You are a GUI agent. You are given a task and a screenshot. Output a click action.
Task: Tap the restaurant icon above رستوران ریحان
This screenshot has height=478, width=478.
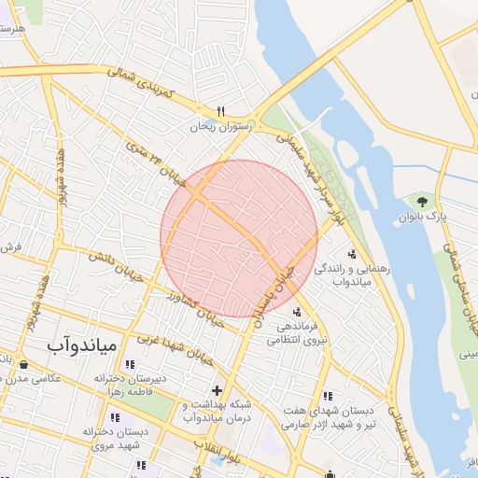pos(221,110)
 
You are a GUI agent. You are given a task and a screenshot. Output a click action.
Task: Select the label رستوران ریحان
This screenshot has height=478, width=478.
pos(222,126)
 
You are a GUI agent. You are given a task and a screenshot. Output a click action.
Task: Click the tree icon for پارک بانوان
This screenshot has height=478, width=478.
pos(423,201)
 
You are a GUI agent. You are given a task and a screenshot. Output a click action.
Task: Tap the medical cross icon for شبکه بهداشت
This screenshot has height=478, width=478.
pos(218,390)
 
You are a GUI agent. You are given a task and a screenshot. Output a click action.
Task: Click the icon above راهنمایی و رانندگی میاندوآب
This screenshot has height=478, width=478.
pos(352,254)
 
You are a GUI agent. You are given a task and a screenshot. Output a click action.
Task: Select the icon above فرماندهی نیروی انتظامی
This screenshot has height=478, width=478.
pos(296,313)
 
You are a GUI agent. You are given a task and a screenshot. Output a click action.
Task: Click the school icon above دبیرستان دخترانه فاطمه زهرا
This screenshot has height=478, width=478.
pos(129,364)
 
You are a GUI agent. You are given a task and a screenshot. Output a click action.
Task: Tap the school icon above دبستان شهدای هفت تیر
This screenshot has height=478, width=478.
pos(326,396)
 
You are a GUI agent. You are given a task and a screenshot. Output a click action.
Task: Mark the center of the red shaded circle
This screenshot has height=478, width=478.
pos(239,238)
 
